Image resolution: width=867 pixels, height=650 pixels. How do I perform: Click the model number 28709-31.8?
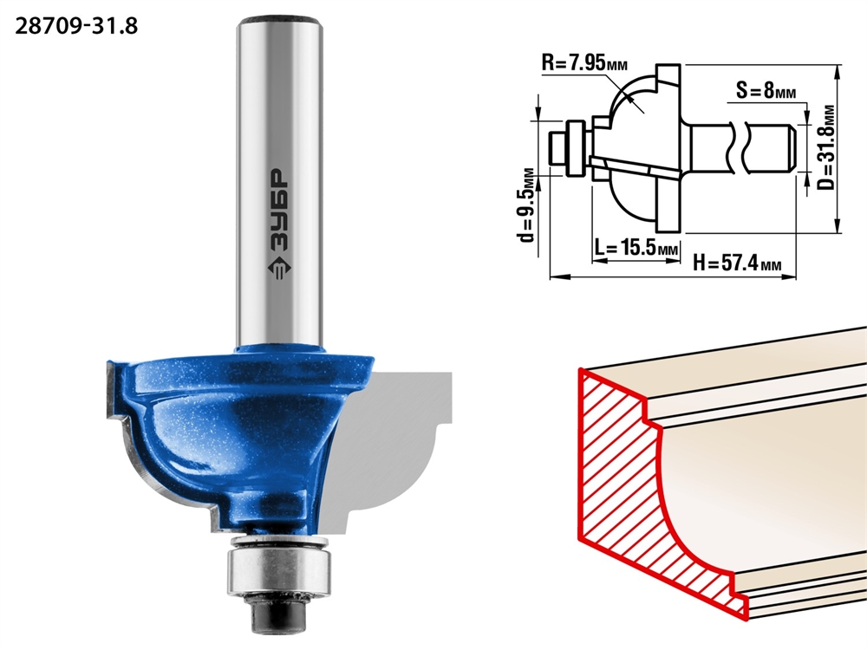[76, 26]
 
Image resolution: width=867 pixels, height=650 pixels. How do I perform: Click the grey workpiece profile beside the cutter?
[387, 448]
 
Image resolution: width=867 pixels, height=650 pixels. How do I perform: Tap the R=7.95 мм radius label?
[584, 62]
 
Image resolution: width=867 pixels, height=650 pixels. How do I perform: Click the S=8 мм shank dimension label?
[766, 89]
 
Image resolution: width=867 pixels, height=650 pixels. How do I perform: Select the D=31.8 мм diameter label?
[825, 147]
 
